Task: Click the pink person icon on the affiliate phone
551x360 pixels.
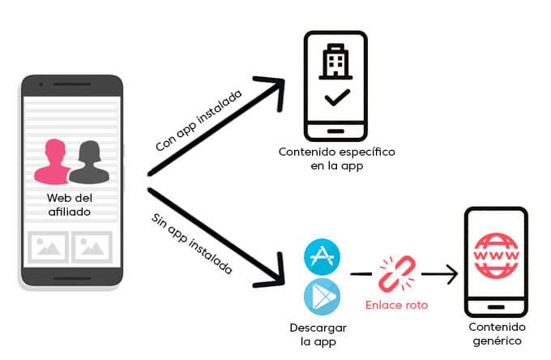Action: pos(53,162)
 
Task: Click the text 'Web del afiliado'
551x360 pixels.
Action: pos(70,204)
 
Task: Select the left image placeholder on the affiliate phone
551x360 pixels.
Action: pos(48,246)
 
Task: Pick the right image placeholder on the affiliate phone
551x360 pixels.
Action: pos(92,246)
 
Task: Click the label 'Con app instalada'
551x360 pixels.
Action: pos(199,120)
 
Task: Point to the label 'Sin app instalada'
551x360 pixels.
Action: pos(192,243)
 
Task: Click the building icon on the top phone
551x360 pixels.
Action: pos(335,62)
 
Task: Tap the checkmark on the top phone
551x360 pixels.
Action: pos(337,97)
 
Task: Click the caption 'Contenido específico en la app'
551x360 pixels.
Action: pos(337,159)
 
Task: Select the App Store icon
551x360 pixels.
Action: pos(322,257)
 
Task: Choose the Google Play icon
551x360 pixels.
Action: pos(322,297)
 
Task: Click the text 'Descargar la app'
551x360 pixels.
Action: pos(318,334)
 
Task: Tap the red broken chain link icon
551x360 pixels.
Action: pos(397,274)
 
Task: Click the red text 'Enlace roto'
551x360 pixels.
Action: pos(397,305)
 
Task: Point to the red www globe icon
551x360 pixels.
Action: pos(496,255)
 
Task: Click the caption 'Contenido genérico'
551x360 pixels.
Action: pos(497,333)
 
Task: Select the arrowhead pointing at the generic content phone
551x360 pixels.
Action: pos(452,274)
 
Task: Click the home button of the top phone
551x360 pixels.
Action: pos(335,131)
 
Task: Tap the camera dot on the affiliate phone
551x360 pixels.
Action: pos(41,84)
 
